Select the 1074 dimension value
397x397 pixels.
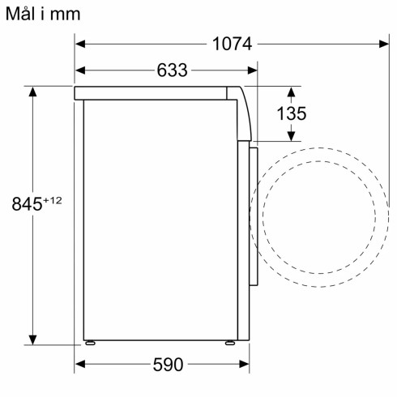coord(233,44)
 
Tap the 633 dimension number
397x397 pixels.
coord(172,70)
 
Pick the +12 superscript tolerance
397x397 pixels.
coord(53,200)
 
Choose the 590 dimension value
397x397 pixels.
coord(168,365)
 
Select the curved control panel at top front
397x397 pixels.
coord(244,113)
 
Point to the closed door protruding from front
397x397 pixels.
coord(254,215)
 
